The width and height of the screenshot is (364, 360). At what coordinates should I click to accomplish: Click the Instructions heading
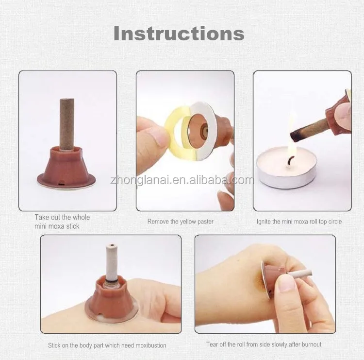pyautogui.click(x=179, y=34)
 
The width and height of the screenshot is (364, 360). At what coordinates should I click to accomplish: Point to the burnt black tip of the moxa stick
pyautogui.click(x=295, y=136)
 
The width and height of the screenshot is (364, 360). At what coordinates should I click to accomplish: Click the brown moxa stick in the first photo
pyautogui.click(x=67, y=124)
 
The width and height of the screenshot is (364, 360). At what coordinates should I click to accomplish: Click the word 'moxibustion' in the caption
pyautogui.click(x=151, y=345)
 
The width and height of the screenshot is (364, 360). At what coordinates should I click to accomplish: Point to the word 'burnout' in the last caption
pyautogui.click(x=312, y=344)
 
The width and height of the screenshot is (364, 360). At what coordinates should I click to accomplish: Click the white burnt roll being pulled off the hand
pyautogui.click(x=300, y=274)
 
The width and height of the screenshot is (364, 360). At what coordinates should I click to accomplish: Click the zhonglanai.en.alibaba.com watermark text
pyautogui.click(x=182, y=180)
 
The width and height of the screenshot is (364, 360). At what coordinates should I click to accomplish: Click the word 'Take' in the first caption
pyautogui.click(x=42, y=217)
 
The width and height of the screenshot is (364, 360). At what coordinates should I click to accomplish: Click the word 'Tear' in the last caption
pyautogui.click(x=213, y=344)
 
